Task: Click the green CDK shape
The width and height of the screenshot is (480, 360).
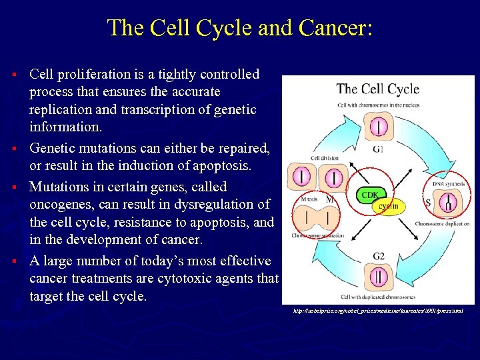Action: coord(370,195)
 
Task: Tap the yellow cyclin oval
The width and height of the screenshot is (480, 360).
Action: coord(388,206)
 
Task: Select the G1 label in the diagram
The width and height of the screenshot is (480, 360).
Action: coord(378,149)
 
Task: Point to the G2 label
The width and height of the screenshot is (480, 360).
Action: coord(378,256)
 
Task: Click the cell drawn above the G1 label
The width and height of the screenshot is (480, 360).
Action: coord(378,125)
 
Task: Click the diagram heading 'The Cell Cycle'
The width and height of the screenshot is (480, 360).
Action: coord(377,89)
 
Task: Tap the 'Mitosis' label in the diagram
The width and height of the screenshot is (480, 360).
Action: coord(307,199)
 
